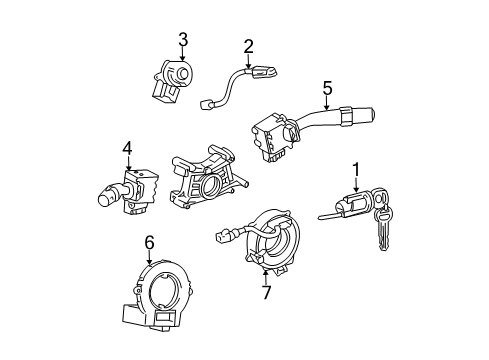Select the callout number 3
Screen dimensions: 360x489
183,39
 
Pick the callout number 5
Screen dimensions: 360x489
326,89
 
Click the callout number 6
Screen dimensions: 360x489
149,241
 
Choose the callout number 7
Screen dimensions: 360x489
266,292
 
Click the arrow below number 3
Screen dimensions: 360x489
183,58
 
